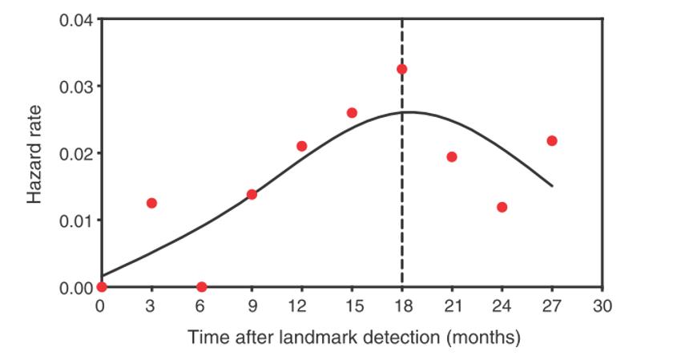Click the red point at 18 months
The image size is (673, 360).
click(401, 69)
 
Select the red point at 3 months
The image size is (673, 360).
click(151, 203)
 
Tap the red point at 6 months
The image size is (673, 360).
click(201, 287)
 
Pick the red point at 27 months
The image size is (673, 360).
click(552, 140)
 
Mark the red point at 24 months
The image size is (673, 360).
click(502, 207)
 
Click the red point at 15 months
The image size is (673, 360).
click(352, 112)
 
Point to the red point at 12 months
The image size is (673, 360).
click(301, 146)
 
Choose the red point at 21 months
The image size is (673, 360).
click(452, 156)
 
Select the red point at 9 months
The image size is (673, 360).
click(252, 194)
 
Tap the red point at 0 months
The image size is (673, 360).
click(101, 287)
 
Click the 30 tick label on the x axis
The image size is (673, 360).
click(602, 305)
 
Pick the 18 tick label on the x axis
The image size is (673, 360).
click(401, 305)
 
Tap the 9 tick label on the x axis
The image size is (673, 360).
click(252, 305)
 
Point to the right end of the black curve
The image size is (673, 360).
click(552, 186)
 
